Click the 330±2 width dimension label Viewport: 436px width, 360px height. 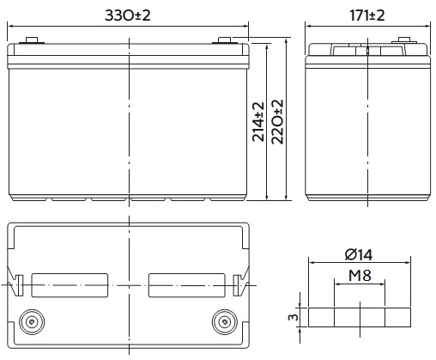pyautogui.click(x=128, y=15)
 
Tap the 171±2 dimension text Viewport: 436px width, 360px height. pyautogui.click(x=367, y=15)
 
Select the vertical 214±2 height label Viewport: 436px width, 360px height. pyautogui.click(x=258, y=122)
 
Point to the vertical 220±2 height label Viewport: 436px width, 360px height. pyautogui.click(x=277, y=122)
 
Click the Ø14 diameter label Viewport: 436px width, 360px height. pyautogui.click(x=359, y=254)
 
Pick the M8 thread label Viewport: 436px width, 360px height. pyautogui.click(x=360, y=276)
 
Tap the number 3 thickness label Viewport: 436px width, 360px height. pyautogui.click(x=294, y=317)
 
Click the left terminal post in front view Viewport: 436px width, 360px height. pyautogui.click(x=32, y=40)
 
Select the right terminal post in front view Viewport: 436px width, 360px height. pyautogui.click(x=225, y=40)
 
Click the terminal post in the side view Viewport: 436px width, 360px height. pyautogui.click(x=404, y=40)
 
